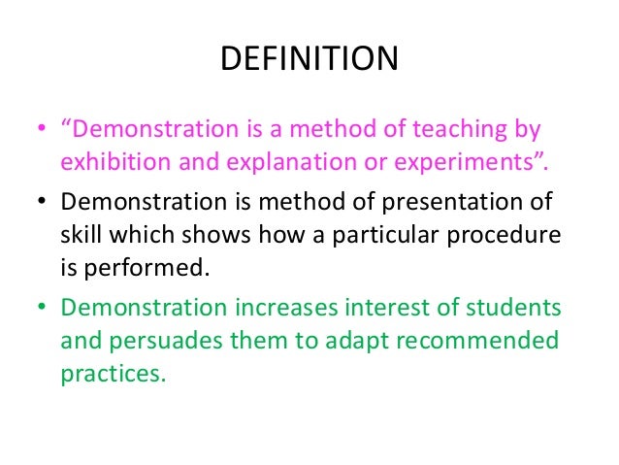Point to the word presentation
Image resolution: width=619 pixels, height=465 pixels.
[x=432, y=202]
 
